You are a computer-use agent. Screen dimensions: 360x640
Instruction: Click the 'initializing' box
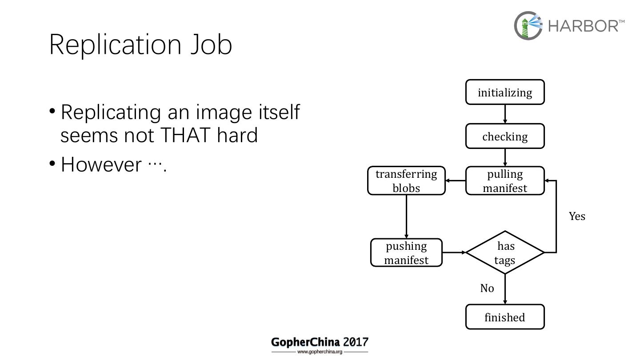pos(505,92)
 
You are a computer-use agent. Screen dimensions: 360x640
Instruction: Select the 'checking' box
pos(505,136)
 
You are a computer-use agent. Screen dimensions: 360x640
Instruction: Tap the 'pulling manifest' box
pos(505,181)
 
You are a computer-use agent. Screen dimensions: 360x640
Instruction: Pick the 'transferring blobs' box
pos(406,181)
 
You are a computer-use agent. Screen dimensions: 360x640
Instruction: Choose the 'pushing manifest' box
pos(406,253)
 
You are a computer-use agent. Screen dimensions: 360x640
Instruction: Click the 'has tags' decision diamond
pos(505,252)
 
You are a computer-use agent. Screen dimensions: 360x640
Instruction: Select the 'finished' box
pos(505,317)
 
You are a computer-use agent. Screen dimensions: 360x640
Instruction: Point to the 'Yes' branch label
pos(577,216)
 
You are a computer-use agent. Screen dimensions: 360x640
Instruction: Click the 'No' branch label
pos(487,288)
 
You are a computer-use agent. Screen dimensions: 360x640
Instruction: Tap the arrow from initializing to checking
pos(505,114)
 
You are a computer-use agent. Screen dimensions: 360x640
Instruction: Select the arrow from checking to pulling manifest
pos(505,158)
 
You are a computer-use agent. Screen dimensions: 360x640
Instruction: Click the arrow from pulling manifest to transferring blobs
pos(456,181)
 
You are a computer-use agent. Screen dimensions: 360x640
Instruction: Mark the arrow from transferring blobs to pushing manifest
pos(406,217)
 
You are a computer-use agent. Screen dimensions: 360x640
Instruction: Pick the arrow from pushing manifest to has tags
pos(454,252)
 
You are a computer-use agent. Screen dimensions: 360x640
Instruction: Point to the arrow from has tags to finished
pos(505,289)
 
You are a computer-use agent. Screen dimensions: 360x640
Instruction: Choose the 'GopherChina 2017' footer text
pos(320,342)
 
